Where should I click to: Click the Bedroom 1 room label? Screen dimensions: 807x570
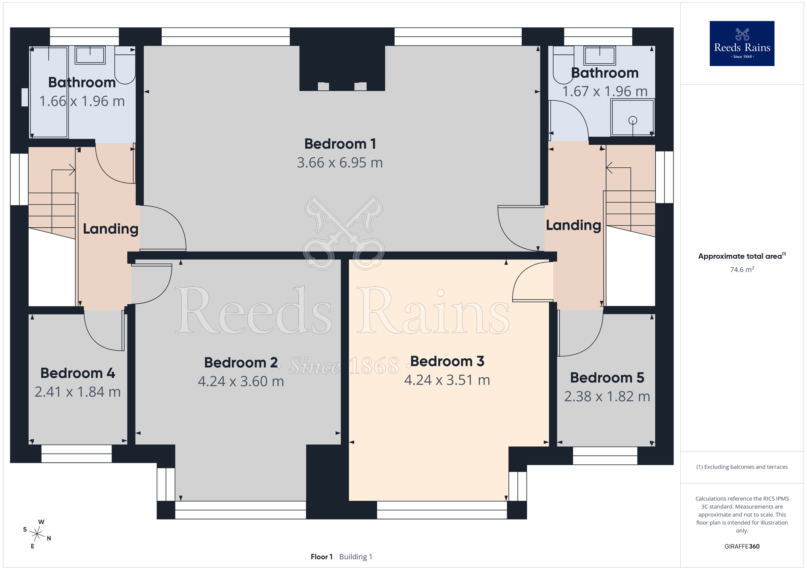pos(340,144)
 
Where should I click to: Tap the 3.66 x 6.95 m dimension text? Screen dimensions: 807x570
pos(340,162)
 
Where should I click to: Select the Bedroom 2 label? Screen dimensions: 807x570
pos(241,362)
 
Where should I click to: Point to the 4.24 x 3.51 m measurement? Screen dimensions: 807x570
pos(447,380)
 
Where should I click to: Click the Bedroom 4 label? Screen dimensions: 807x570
pos(78,373)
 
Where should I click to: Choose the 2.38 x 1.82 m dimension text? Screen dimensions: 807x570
pos(607,396)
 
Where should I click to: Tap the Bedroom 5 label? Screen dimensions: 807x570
pos(607,378)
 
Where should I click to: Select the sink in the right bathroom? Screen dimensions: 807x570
pos(600,56)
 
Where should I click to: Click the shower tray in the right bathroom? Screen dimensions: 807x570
pos(633,117)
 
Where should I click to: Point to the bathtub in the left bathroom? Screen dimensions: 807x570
pos(49,92)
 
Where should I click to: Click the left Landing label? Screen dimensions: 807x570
pos(111,229)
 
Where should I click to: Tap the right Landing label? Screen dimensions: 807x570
pos(573,225)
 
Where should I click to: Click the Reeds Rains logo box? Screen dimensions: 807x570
pos(742,44)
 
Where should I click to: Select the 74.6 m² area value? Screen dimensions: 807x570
pos(742,269)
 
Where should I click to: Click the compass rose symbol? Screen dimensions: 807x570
pos(37,535)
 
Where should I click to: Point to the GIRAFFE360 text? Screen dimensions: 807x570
pos(742,547)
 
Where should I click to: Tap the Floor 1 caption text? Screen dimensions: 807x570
pos(322,557)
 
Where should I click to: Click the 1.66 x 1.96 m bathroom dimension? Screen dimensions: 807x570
pos(82,101)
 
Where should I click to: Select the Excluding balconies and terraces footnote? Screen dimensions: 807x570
pos(742,467)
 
